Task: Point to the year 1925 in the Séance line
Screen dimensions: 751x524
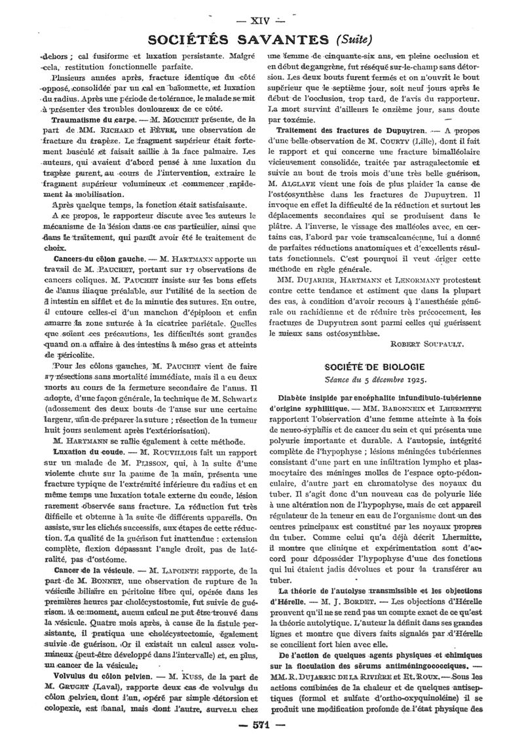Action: coord(416,379)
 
